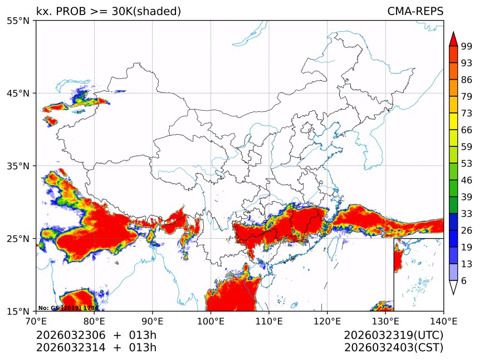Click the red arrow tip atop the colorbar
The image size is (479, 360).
453,38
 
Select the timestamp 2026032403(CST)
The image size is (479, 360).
393,348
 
